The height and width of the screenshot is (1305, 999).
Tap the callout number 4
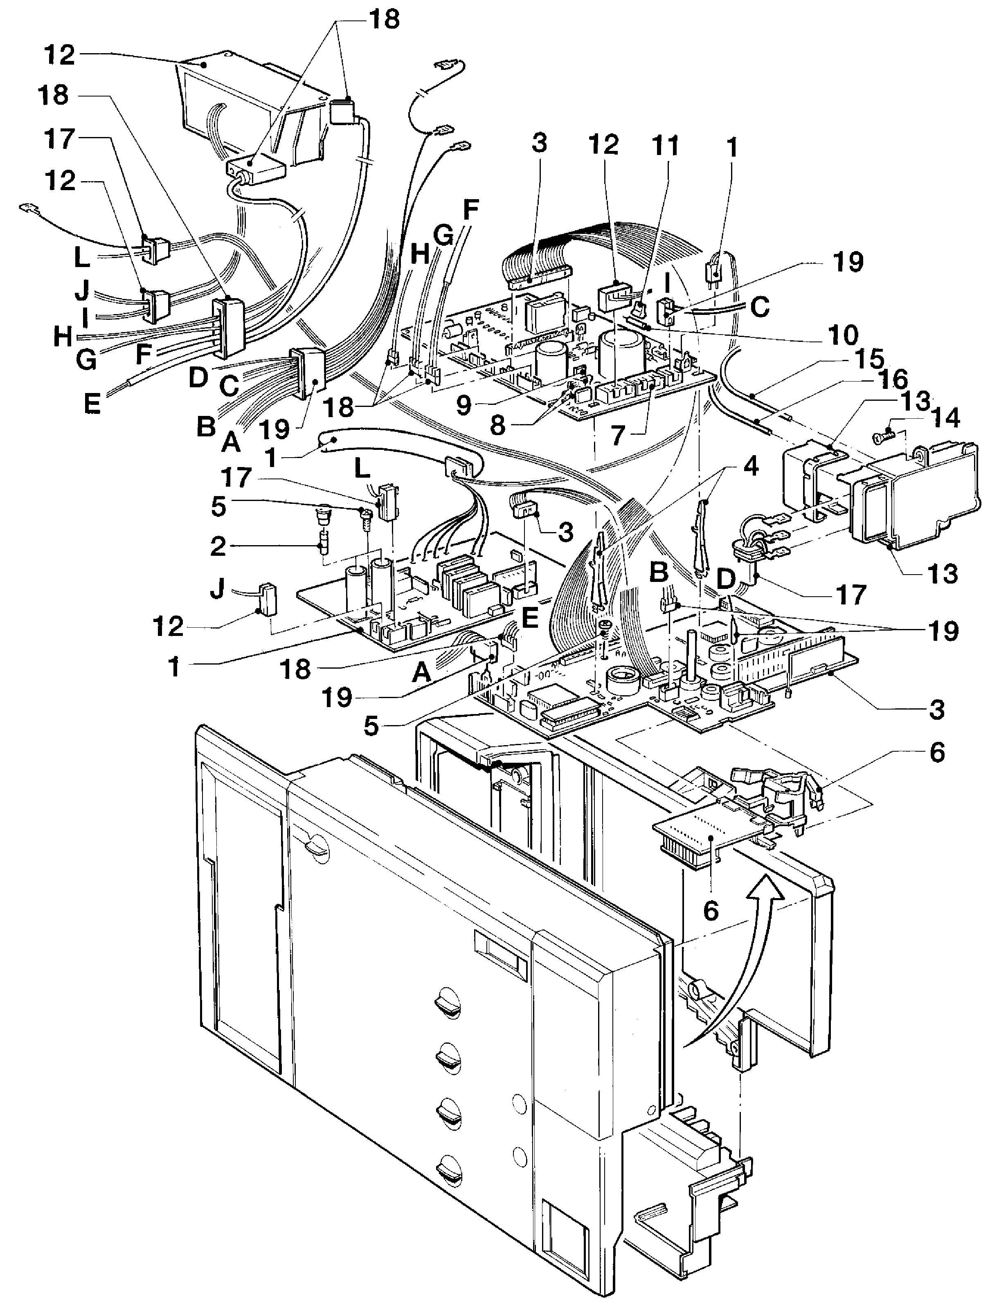(x=751, y=467)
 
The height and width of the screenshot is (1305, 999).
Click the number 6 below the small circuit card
(x=711, y=911)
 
